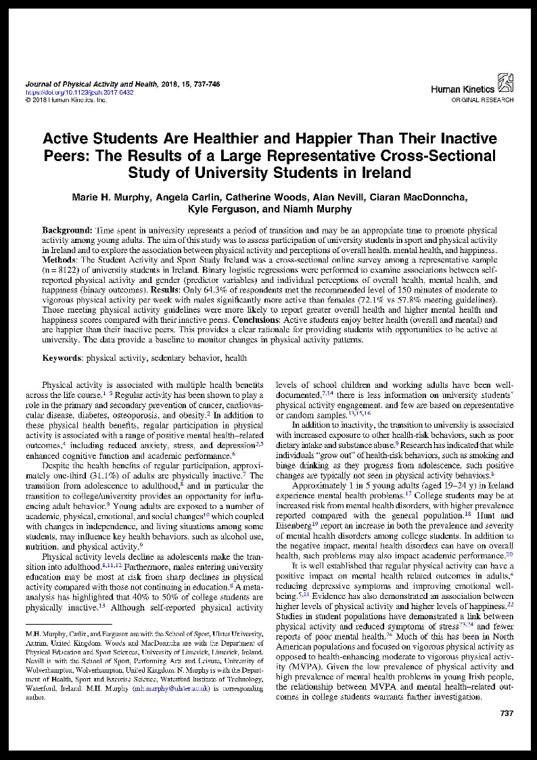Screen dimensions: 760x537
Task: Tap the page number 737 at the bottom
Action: click(506, 713)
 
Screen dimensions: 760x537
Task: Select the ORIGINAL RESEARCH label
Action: click(482, 99)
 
